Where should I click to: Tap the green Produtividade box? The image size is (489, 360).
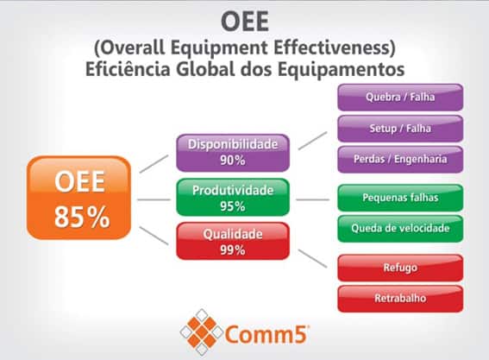pos(232,198)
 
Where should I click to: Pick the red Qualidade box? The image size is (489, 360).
pos(232,241)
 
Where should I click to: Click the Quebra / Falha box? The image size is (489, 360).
pos(400,97)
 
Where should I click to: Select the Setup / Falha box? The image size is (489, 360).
pos(400,128)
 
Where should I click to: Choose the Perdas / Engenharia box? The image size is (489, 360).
pos(400,159)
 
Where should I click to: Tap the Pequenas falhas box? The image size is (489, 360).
pos(400,198)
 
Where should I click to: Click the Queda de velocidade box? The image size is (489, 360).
pos(400,229)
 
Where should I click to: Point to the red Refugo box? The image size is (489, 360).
pos(400,268)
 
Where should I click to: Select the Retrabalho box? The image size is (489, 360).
pos(400,298)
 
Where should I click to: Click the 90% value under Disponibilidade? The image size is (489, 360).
pos(232,161)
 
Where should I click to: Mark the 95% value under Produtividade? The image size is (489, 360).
pos(232,205)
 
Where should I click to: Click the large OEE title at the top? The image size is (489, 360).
pos(244,19)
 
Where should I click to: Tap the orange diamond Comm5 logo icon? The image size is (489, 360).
pos(201,329)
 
